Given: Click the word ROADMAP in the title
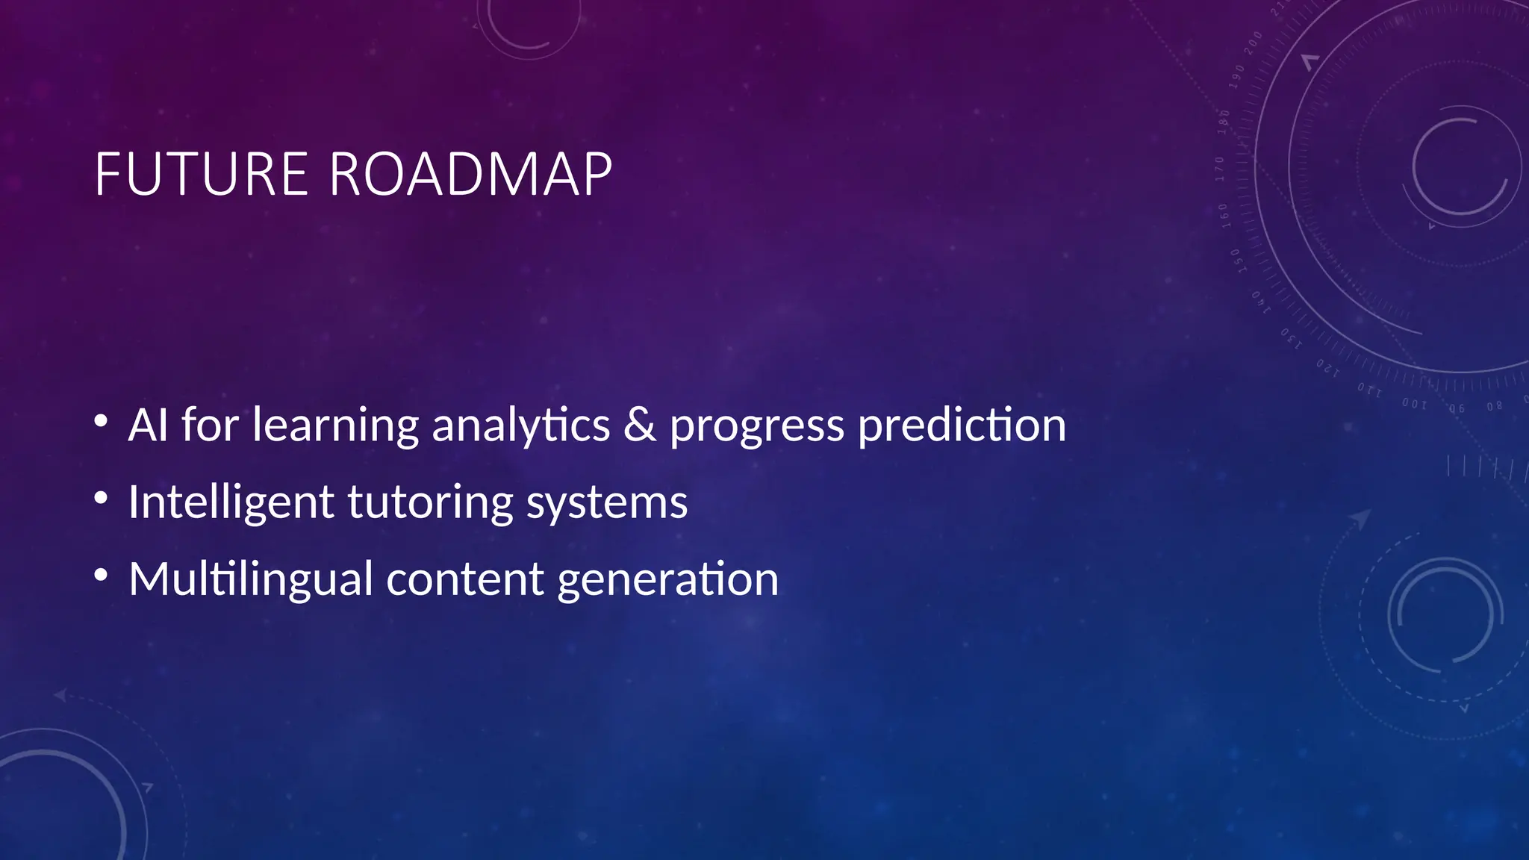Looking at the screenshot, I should click(x=470, y=175).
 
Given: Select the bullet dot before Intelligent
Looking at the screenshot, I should click(x=102, y=497).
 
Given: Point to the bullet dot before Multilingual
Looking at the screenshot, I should click(x=102, y=574).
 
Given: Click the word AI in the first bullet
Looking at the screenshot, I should click(x=148, y=425).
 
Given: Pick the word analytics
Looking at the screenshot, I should click(x=520, y=426).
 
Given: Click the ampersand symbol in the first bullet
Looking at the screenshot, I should click(x=640, y=425).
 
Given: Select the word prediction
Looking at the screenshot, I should click(x=962, y=426).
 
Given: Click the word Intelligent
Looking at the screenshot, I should click(x=230, y=503).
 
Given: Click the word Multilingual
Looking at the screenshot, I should click(x=251, y=580).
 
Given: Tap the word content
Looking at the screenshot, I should click(x=464, y=579).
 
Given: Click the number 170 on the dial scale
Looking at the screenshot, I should click(x=1220, y=169).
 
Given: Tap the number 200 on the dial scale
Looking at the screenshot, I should click(x=1253, y=43).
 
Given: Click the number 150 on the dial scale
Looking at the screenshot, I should click(x=1236, y=261).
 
